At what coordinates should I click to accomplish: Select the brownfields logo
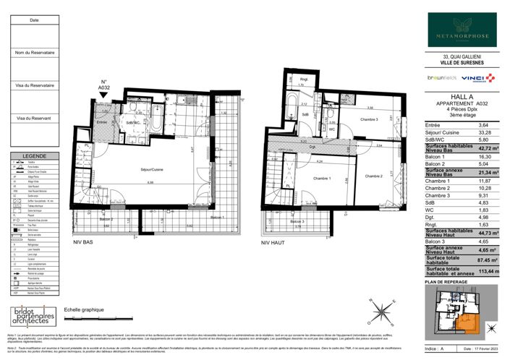441,77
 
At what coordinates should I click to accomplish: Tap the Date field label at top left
34,20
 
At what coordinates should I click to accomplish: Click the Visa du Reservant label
34,118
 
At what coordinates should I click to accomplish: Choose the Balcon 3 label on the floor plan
297,221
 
